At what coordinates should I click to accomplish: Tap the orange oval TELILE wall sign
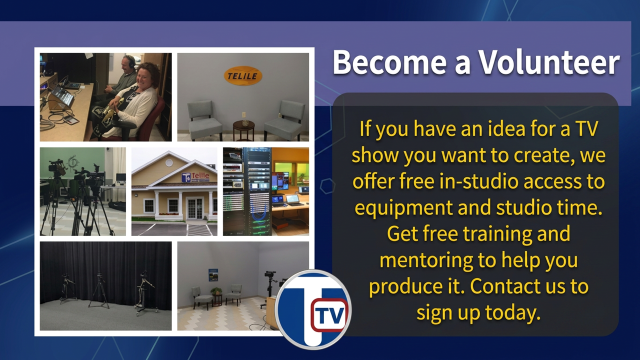242,75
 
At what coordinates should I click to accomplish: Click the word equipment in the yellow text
403,208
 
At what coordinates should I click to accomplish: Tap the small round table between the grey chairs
243,130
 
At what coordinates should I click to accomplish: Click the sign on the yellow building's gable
195,177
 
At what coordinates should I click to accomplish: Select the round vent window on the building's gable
169,163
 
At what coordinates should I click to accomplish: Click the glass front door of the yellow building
195,208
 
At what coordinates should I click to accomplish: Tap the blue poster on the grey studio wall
213,275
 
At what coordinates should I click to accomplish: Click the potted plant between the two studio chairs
216,291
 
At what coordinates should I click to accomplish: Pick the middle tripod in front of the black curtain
99,290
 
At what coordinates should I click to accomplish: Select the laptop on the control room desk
293,200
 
